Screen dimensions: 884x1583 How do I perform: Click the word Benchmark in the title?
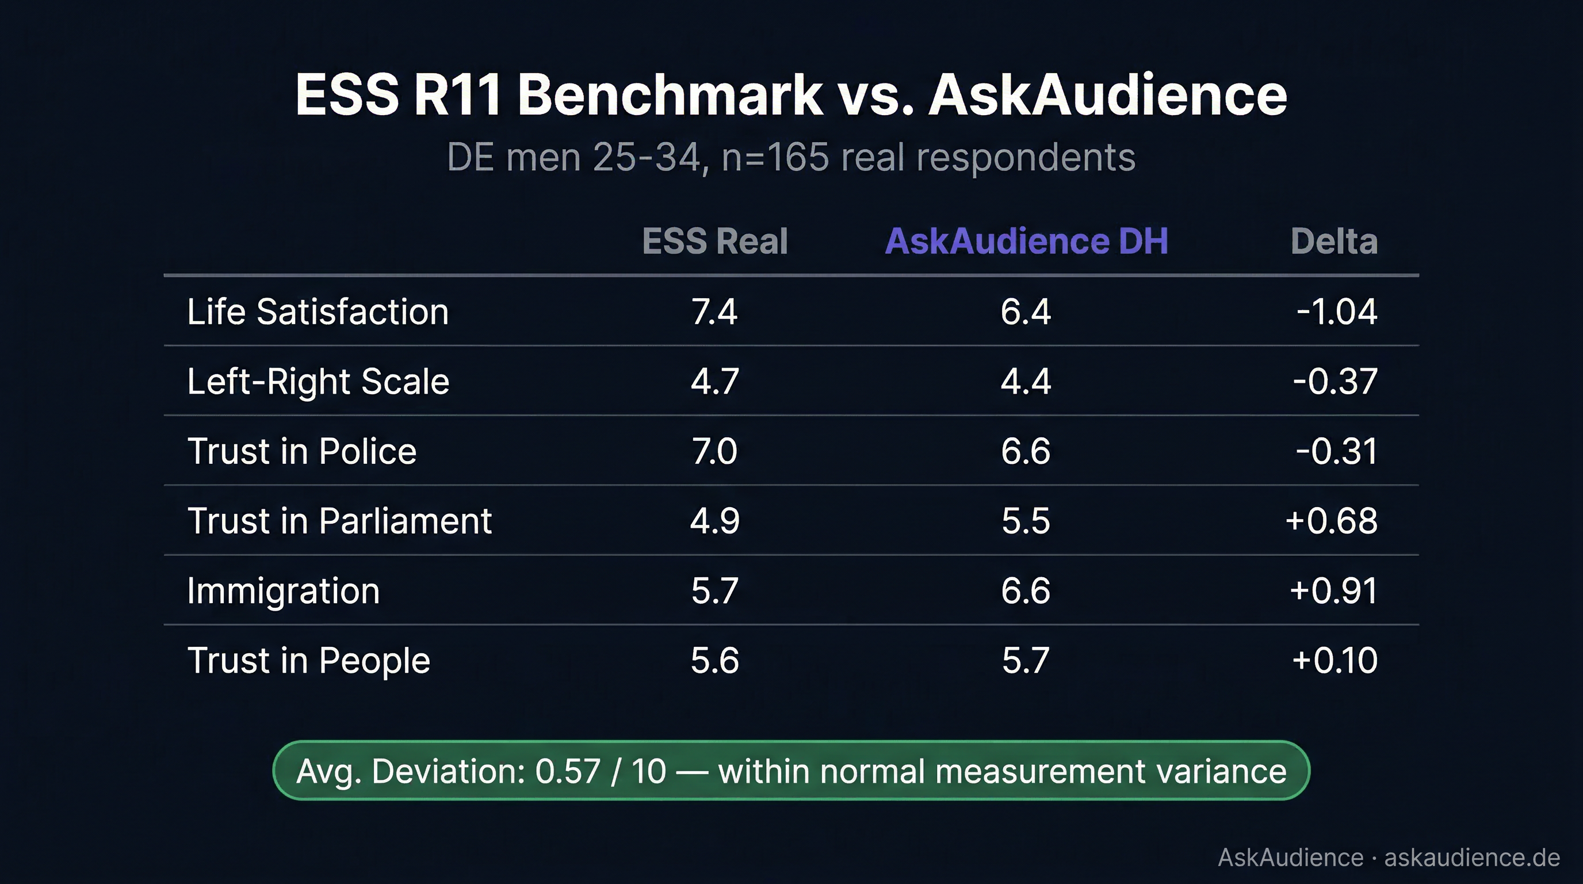click(x=670, y=96)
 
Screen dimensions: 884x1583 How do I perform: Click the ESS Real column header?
click(x=714, y=241)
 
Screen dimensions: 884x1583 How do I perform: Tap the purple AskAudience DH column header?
click(x=1026, y=241)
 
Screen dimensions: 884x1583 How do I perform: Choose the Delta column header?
click(x=1333, y=241)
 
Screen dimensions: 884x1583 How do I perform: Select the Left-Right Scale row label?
click(x=318, y=381)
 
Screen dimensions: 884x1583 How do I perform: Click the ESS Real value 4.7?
click(x=714, y=381)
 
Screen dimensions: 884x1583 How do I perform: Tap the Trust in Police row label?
click(x=302, y=451)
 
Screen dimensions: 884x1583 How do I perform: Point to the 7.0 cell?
click(x=714, y=451)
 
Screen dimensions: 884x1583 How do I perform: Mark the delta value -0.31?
click(x=1337, y=451)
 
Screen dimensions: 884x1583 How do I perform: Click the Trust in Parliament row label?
click(x=339, y=521)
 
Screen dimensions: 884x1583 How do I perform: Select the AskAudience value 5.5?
click(x=1026, y=521)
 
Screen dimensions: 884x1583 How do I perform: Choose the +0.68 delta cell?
click(x=1331, y=521)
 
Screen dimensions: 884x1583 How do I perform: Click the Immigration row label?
click(x=283, y=590)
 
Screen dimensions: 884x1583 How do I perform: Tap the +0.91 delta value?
click(x=1333, y=590)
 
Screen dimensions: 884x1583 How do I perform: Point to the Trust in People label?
click(x=308, y=661)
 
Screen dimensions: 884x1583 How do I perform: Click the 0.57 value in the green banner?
click(x=567, y=771)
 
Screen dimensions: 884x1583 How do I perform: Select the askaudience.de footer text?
click(x=1471, y=857)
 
